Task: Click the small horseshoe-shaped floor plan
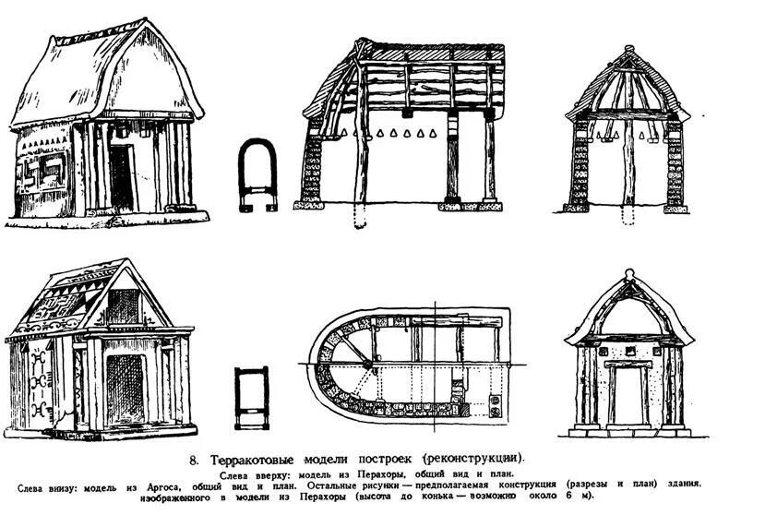[x=257, y=174]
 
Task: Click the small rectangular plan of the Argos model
[x=251, y=397]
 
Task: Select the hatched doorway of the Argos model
[x=125, y=389]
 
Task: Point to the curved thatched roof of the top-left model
[x=102, y=74]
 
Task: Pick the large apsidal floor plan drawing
[x=406, y=365]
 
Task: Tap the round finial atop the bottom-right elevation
[x=629, y=274]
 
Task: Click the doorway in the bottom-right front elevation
[x=628, y=396]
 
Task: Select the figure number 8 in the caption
[x=195, y=458]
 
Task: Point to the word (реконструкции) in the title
[x=472, y=458]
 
